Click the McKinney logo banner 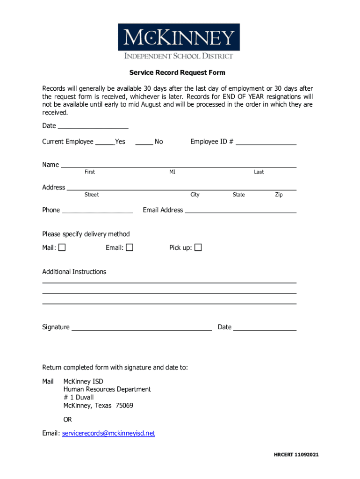(179, 37)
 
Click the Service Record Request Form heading (177, 73)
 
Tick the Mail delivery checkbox (62, 247)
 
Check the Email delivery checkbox (130, 247)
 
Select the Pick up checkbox (198, 247)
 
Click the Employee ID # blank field (266, 142)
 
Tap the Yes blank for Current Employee (105, 142)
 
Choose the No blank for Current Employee (144, 142)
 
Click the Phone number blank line (97, 210)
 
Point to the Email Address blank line (241, 210)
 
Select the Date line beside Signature (265, 327)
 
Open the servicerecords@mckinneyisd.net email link (108, 433)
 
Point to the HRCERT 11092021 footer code (296, 455)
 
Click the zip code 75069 (124, 406)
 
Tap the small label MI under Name (173, 172)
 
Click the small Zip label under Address (279, 195)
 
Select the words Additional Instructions (74, 272)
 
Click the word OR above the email (68, 420)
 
